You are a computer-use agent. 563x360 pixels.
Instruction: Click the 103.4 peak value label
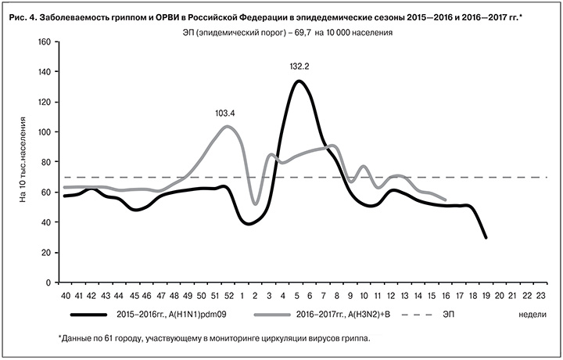coord(225,113)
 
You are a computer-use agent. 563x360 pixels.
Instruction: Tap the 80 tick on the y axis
coord(46,162)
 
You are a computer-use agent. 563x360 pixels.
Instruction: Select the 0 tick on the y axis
coord(48,282)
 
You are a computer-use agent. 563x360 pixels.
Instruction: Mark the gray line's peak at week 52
coord(227,126)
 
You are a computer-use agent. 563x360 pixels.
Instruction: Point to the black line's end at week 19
coord(486,237)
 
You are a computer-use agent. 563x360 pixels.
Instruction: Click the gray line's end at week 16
coord(445,200)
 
